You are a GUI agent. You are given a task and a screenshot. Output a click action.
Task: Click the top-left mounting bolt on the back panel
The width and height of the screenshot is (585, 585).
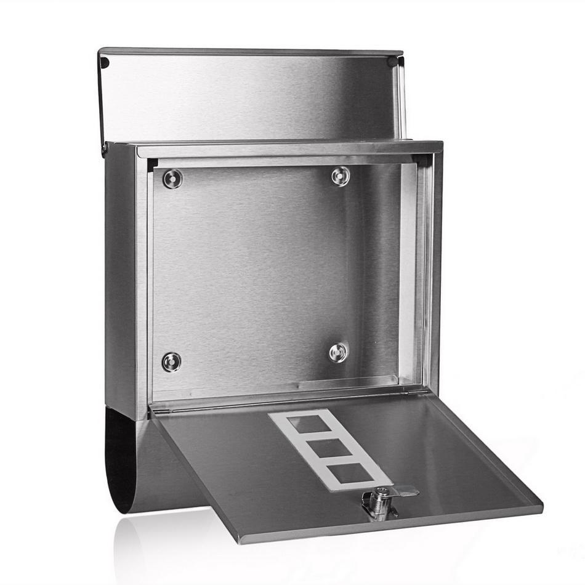point(172,179)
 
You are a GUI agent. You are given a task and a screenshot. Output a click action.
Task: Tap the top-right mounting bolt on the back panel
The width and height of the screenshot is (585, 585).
point(341,176)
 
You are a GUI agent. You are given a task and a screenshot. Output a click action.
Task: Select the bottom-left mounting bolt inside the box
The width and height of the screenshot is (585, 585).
point(171,361)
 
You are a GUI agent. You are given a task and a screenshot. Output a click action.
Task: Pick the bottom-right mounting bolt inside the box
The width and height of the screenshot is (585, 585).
point(338,352)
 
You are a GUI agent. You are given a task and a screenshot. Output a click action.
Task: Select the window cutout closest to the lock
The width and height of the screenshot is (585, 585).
point(352,473)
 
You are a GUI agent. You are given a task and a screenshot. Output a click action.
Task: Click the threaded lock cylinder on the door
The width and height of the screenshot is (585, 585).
point(376,502)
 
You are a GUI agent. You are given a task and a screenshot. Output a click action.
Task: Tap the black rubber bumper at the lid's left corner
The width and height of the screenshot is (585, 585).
point(105,62)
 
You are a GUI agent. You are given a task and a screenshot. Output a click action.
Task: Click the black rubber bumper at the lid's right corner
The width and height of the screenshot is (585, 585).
point(392,62)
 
